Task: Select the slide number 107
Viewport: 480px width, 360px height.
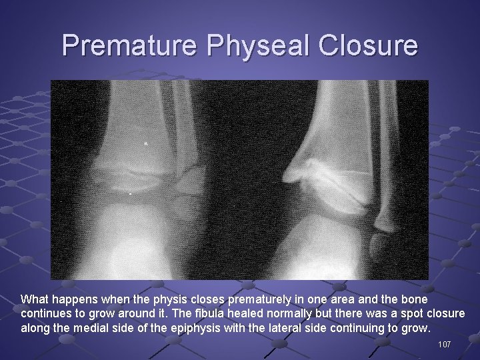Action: click(x=445, y=344)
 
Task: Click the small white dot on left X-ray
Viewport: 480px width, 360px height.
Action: click(x=147, y=143)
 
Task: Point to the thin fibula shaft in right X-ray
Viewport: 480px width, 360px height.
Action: click(x=385, y=173)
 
